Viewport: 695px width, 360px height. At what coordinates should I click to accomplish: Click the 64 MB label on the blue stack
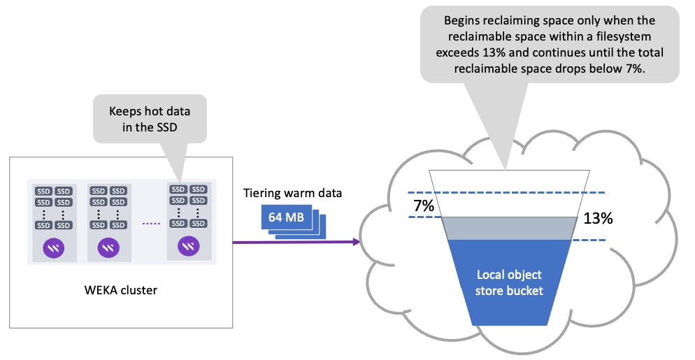pyautogui.click(x=286, y=217)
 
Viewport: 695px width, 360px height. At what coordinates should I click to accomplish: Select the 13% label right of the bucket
pyautogui.click(x=598, y=218)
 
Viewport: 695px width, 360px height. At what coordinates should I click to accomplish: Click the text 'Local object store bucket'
pyautogui.click(x=509, y=282)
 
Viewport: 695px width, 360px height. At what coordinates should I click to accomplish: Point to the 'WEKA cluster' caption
pyautogui.click(x=122, y=290)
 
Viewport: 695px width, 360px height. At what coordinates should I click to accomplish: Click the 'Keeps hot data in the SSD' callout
pyautogui.click(x=149, y=120)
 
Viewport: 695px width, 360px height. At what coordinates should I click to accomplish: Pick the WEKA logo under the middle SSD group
pyautogui.click(x=108, y=247)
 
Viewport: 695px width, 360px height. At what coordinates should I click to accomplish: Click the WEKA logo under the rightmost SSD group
pyautogui.click(x=187, y=245)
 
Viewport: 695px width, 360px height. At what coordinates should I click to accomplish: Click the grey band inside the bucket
pyautogui.click(x=509, y=228)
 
